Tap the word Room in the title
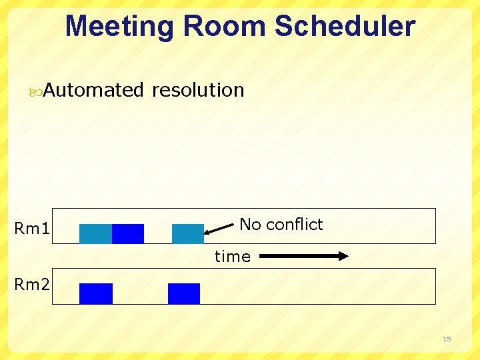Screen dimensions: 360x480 (x=225, y=27)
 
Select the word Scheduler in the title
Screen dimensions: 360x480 (x=345, y=27)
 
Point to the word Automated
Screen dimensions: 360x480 (x=93, y=90)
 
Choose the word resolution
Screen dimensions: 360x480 (x=198, y=90)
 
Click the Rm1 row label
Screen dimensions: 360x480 (x=32, y=229)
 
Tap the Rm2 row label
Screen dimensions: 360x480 (x=32, y=285)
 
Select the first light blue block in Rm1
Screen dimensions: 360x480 (x=95, y=234)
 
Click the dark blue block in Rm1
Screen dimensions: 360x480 (x=128, y=234)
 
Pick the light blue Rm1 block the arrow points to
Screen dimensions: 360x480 (x=187, y=234)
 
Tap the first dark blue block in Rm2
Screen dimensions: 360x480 (x=96, y=293)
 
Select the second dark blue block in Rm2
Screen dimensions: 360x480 (x=184, y=293)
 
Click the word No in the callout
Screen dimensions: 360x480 (x=250, y=225)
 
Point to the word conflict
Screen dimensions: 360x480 (x=294, y=225)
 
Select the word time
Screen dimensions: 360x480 (x=232, y=257)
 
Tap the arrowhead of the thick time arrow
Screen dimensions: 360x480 (x=343, y=256)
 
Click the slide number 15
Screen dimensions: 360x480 (x=447, y=339)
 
